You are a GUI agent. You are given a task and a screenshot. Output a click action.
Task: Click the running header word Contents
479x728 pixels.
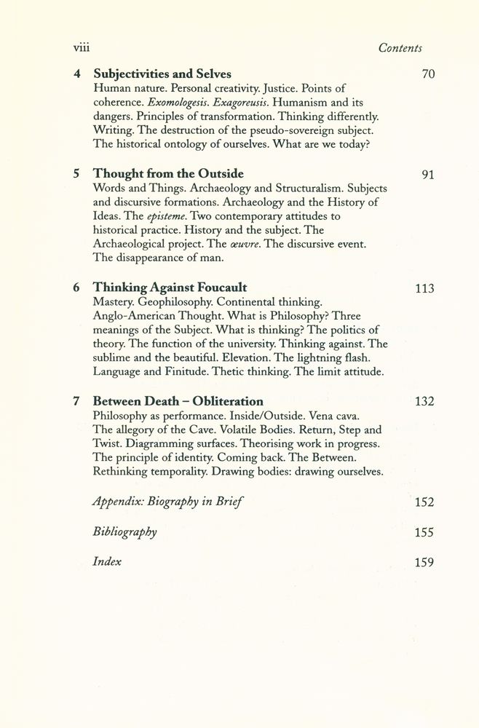pyautogui.click(x=400, y=47)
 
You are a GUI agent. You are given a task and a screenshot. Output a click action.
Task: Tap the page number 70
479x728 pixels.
pyautogui.click(x=427, y=75)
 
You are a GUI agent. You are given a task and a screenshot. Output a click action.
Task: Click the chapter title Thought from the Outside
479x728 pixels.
pyautogui.click(x=168, y=175)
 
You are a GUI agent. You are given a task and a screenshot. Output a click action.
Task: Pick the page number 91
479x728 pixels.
pyautogui.click(x=427, y=175)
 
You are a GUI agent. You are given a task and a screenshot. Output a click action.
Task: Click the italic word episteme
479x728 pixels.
pyautogui.click(x=170, y=216)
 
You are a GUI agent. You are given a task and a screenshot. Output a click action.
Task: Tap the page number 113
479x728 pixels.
pyautogui.click(x=424, y=289)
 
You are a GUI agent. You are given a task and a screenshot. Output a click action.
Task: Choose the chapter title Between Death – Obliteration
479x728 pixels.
pyautogui.click(x=178, y=401)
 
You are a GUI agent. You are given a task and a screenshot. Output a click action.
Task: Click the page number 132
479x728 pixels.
pyautogui.click(x=424, y=402)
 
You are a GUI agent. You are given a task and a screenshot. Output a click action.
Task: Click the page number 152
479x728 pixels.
pyautogui.click(x=424, y=502)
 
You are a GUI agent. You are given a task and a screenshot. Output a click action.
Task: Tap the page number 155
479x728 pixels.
pyautogui.click(x=424, y=532)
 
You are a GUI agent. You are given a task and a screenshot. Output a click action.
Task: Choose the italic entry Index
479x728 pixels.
pyautogui.click(x=107, y=561)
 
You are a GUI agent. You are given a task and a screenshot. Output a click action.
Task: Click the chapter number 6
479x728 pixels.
pyautogui.click(x=76, y=288)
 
